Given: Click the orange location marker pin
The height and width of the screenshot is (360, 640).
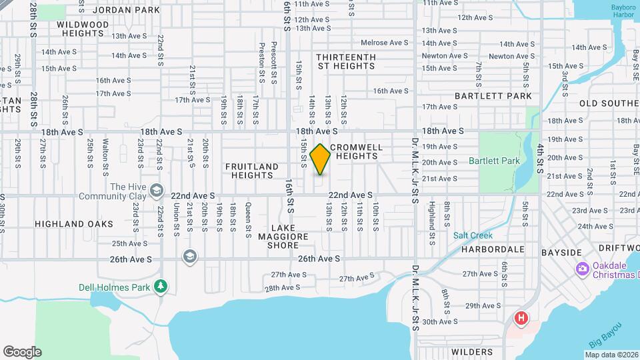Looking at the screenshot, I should point(320,159).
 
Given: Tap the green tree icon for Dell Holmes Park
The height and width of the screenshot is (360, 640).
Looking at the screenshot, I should point(160,286).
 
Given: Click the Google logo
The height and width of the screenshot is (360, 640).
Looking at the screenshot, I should point(22,352).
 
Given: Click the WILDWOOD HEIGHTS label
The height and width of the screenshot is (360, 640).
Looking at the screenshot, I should point(83,29).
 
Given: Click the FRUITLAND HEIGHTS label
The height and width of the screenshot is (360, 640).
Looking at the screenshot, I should point(252,171).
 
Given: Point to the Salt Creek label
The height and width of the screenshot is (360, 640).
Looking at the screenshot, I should point(473,235).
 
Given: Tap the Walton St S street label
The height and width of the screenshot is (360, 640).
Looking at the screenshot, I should point(105,153).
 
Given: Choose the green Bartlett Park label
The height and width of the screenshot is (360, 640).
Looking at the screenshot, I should point(493,161).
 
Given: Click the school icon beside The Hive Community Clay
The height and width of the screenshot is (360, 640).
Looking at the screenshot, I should point(156,191).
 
